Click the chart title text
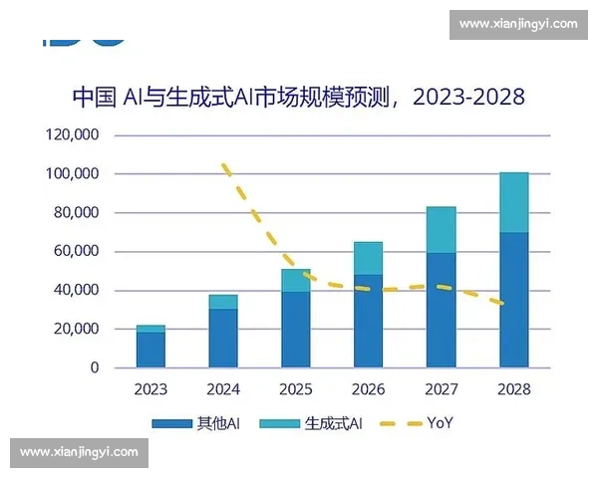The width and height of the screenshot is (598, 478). [x=298, y=98]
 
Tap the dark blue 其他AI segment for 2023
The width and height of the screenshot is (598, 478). [x=150, y=350]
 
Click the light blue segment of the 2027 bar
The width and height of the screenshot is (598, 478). [x=442, y=230]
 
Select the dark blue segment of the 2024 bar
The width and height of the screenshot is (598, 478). [x=223, y=338]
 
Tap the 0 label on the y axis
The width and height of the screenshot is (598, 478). [x=95, y=368]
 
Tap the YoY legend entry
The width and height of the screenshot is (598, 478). [x=419, y=423]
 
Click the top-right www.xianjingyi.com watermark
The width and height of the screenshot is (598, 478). [x=519, y=23]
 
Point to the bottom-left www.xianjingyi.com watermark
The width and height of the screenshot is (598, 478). [x=79, y=453]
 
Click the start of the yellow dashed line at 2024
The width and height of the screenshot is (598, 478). [x=224, y=164]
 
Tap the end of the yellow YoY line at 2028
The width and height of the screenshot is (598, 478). [x=514, y=304]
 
